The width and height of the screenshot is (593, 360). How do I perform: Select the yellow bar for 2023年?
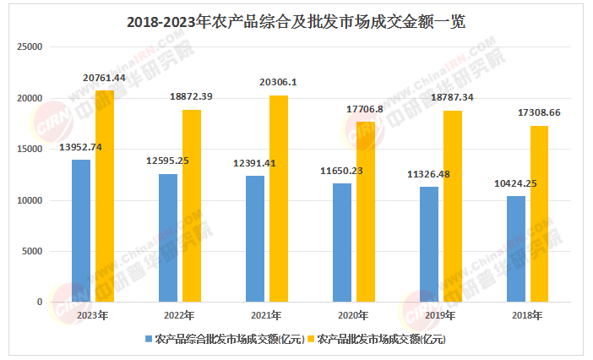105,196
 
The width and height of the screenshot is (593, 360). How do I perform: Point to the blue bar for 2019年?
429,244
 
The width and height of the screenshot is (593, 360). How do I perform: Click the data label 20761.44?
105,78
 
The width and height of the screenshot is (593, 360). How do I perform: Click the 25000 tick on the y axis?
30,47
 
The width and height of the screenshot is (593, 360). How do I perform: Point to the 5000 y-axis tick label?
32,251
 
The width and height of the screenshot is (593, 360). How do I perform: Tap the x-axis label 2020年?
352,314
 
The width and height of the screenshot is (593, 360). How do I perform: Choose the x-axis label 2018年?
526,314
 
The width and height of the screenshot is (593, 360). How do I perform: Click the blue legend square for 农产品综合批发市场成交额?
149,339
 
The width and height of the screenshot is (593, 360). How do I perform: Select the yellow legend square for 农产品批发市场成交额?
310,339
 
